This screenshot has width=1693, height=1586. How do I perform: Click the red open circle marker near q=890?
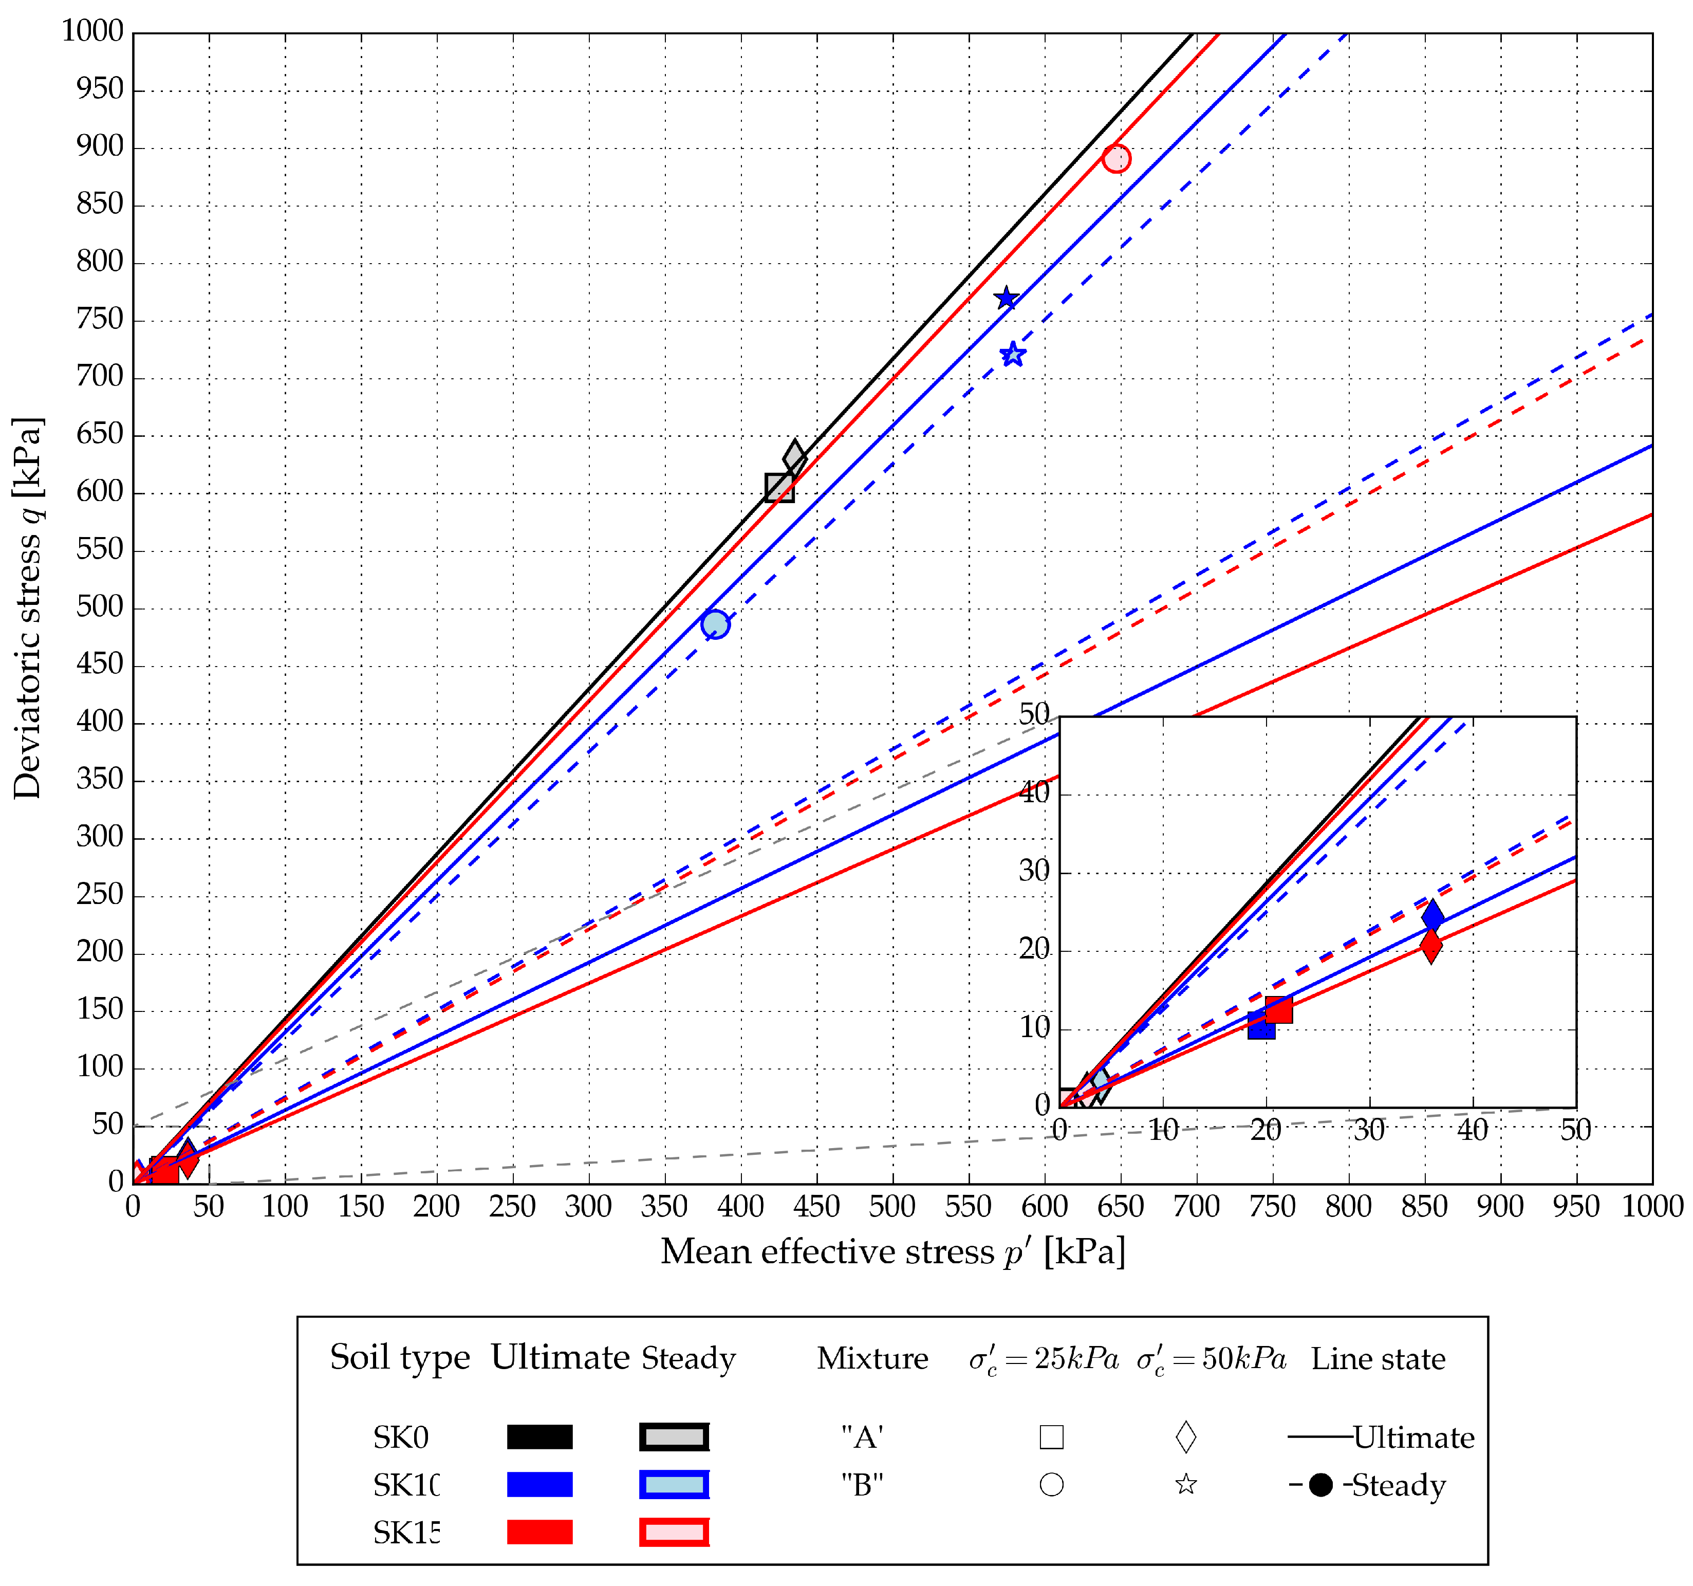point(1115,158)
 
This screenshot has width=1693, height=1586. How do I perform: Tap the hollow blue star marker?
point(1013,354)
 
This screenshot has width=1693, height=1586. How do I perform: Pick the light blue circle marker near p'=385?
point(715,624)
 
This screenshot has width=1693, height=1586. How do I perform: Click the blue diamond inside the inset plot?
point(1432,916)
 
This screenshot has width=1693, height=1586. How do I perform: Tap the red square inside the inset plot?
point(1278,1010)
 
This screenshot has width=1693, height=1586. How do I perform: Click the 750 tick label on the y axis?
point(100,320)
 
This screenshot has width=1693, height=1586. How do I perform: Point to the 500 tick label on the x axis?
point(892,1207)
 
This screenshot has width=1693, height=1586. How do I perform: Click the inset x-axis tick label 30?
point(1369,1130)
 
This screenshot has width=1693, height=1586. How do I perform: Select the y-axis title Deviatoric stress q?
point(27,608)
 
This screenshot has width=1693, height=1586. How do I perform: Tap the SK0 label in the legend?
point(400,1438)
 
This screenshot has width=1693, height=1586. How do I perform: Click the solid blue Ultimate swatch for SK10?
point(539,1485)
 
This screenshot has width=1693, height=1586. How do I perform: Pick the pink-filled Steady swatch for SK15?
point(674,1533)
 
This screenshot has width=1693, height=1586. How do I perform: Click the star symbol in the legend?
point(1185,1485)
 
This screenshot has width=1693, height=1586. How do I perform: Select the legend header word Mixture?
point(872,1358)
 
